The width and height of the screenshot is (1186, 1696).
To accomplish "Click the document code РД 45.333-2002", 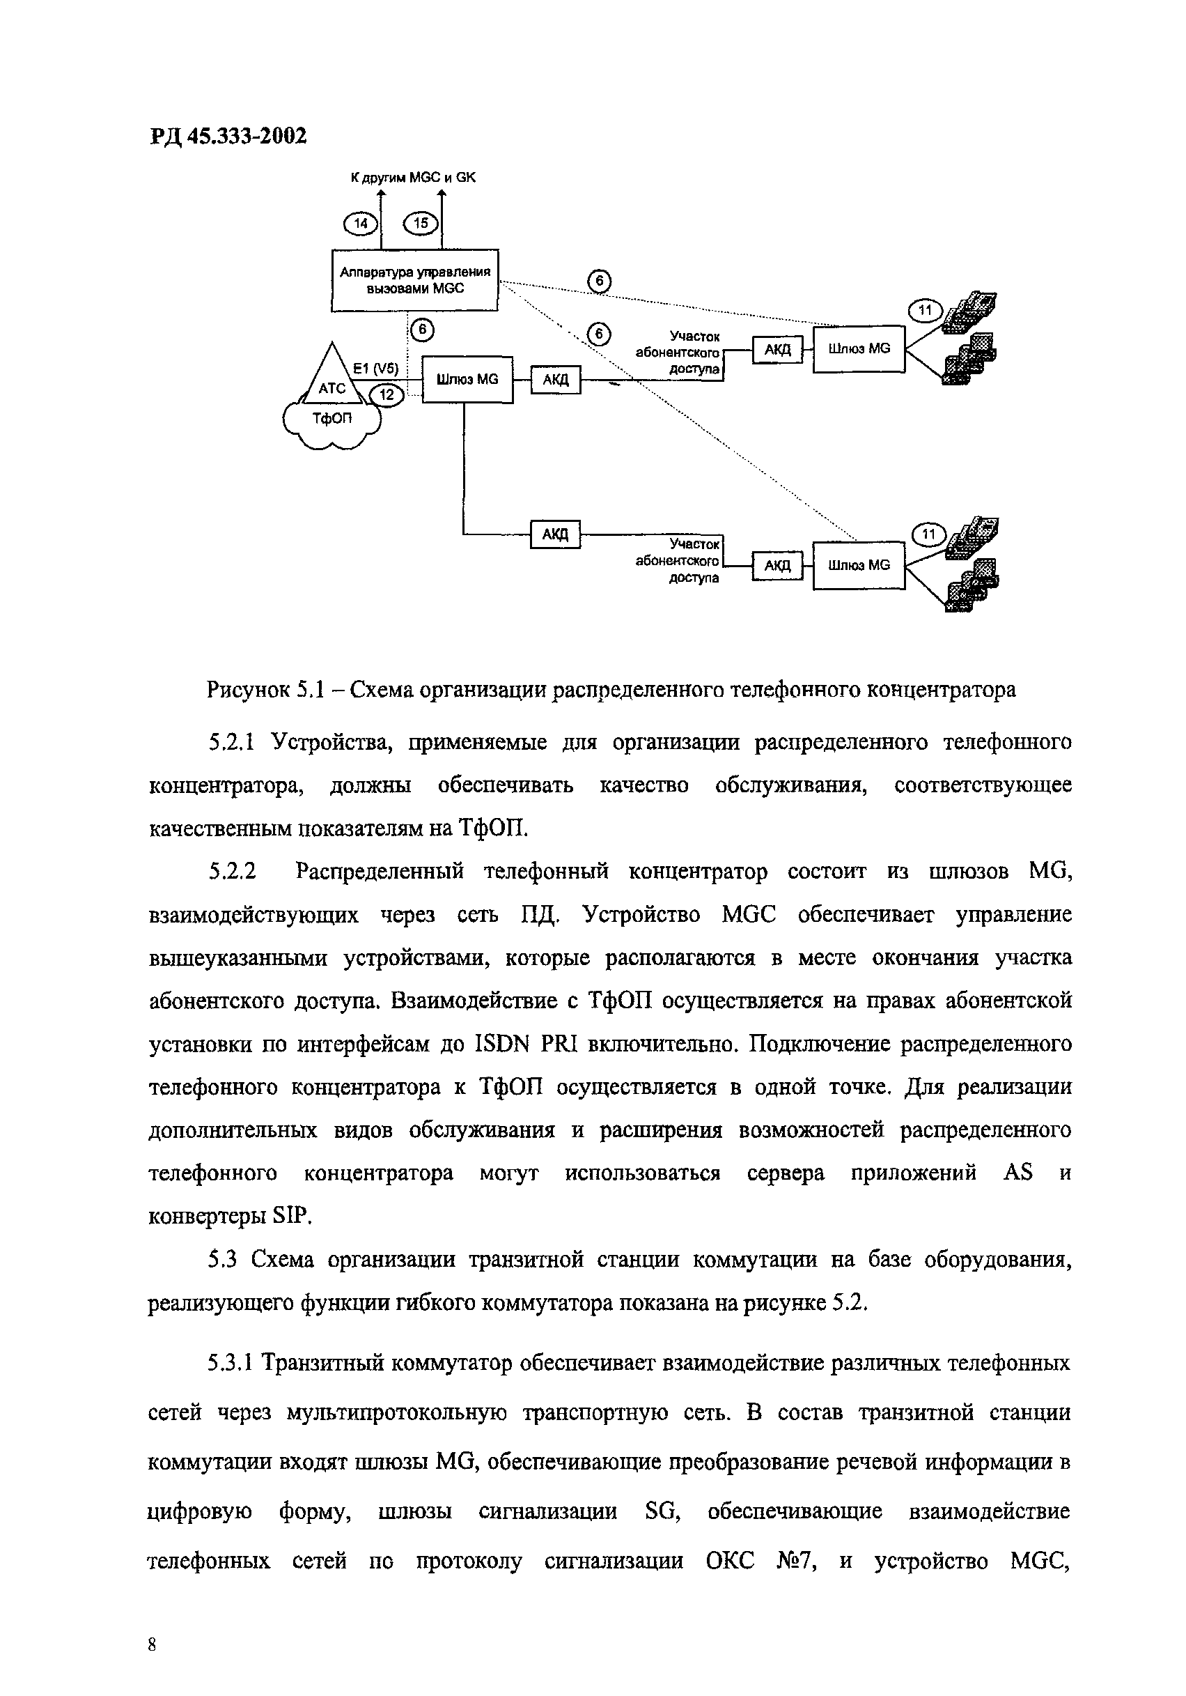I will (x=228, y=136).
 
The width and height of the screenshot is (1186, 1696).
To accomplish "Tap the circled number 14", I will (x=360, y=223).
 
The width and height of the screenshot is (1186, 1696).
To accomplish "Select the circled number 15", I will (x=420, y=223).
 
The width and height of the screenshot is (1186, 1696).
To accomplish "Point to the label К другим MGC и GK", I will (x=413, y=177).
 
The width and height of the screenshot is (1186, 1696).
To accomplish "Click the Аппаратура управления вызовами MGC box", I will (x=415, y=280).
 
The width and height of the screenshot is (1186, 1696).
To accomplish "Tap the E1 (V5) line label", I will (x=375, y=368).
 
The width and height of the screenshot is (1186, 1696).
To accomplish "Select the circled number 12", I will (x=387, y=395).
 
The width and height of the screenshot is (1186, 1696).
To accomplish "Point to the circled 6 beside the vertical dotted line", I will (x=421, y=330).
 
